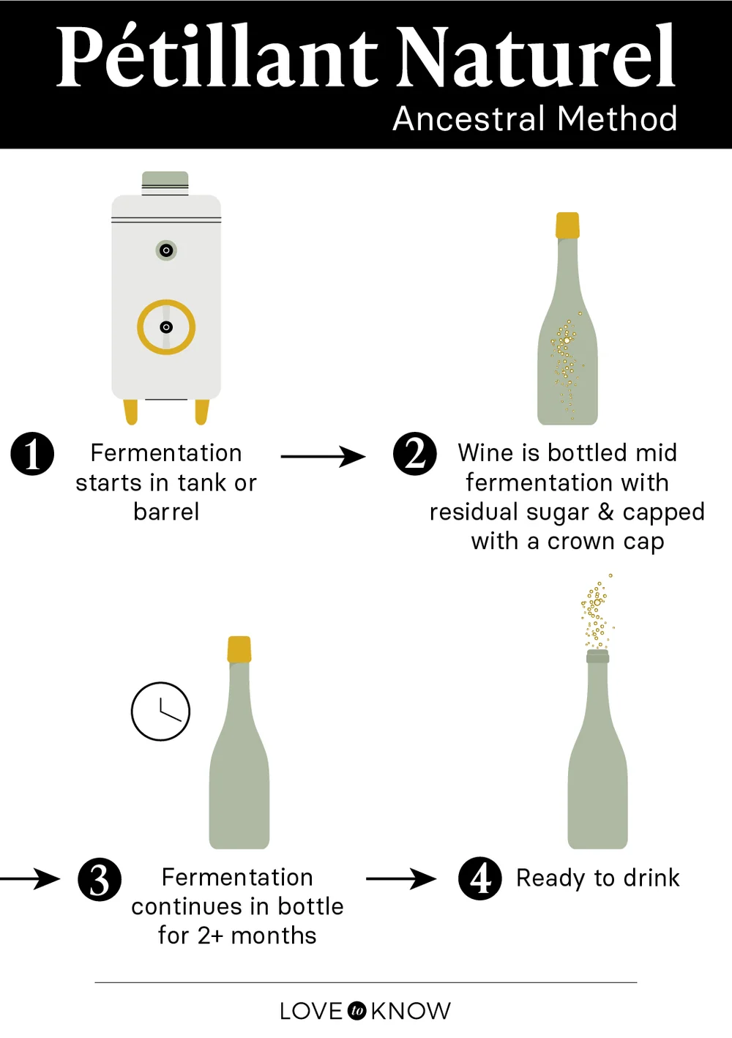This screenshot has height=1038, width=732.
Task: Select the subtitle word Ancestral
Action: [x=468, y=119]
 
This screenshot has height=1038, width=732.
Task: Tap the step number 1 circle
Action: [x=32, y=454]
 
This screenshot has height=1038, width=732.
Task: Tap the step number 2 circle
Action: [x=414, y=454]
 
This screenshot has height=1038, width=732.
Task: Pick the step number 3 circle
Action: [x=100, y=878]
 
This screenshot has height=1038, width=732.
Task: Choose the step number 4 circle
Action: [x=480, y=878]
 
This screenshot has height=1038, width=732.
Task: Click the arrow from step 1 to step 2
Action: [x=323, y=457]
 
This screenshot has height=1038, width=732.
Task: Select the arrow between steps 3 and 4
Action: [x=400, y=878]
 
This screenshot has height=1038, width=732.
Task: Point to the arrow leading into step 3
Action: [x=30, y=878]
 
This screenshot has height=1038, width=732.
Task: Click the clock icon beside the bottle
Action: [x=161, y=712]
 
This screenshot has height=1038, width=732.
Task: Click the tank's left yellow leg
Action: [x=131, y=411]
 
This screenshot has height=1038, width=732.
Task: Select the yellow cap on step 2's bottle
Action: [x=567, y=225]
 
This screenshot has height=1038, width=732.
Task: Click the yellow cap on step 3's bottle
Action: [x=239, y=649]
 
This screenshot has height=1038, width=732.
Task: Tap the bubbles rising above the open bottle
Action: [x=597, y=611]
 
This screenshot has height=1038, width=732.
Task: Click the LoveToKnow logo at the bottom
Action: [x=365, y=1011]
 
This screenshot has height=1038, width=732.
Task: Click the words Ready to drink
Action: [x=597, y=878]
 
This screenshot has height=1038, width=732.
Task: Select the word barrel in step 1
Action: [x=166, y=512]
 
